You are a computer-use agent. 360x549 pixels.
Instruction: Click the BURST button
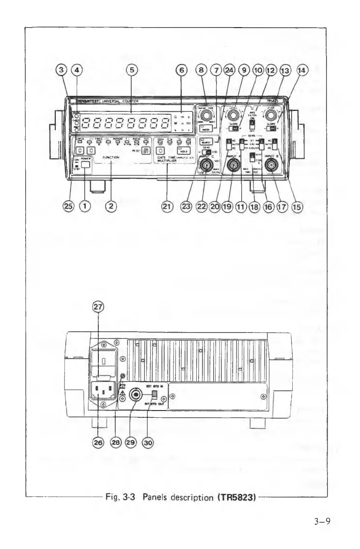click(x=207, y=141)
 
